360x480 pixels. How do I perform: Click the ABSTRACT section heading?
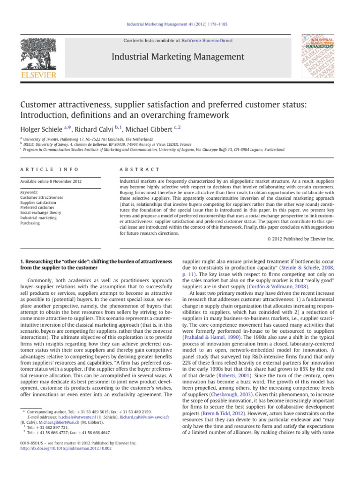click(x=140, y=169)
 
